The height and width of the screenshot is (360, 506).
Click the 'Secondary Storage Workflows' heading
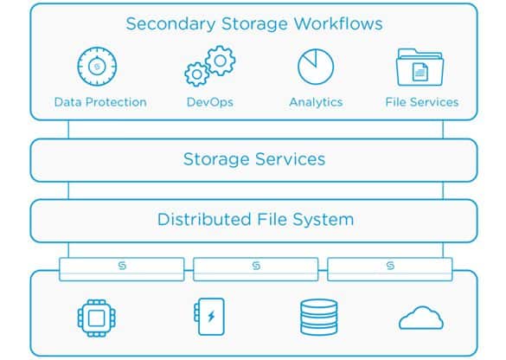(254, 24)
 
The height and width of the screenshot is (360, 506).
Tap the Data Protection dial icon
(97, 67)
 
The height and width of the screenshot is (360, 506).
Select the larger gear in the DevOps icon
(220, 61)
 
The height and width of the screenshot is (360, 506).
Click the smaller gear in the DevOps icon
(196, 74)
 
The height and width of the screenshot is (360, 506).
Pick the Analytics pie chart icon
(316, 67)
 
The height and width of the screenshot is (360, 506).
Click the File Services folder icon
(420, 67)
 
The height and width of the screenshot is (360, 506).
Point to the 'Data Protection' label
(100, 102)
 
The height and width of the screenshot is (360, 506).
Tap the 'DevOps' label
(210, 102)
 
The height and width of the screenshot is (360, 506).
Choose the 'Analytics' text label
(316, 102)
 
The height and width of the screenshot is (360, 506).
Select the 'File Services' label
(422, 102)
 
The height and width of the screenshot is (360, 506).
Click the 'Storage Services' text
(254, 159)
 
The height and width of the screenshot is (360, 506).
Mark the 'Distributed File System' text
(255, 220)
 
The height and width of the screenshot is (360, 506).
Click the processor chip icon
(97, 318)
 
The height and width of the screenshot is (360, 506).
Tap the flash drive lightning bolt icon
(209, 317)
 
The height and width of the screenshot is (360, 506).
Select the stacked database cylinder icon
(319, 318)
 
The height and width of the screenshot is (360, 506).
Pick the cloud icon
(421, 318)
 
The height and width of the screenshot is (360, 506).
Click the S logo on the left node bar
(122, 266)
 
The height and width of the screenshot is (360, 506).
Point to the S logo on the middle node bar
(256, 266)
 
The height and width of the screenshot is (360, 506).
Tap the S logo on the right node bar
(390, 266)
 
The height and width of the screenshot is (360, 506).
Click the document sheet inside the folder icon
(420, 72)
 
